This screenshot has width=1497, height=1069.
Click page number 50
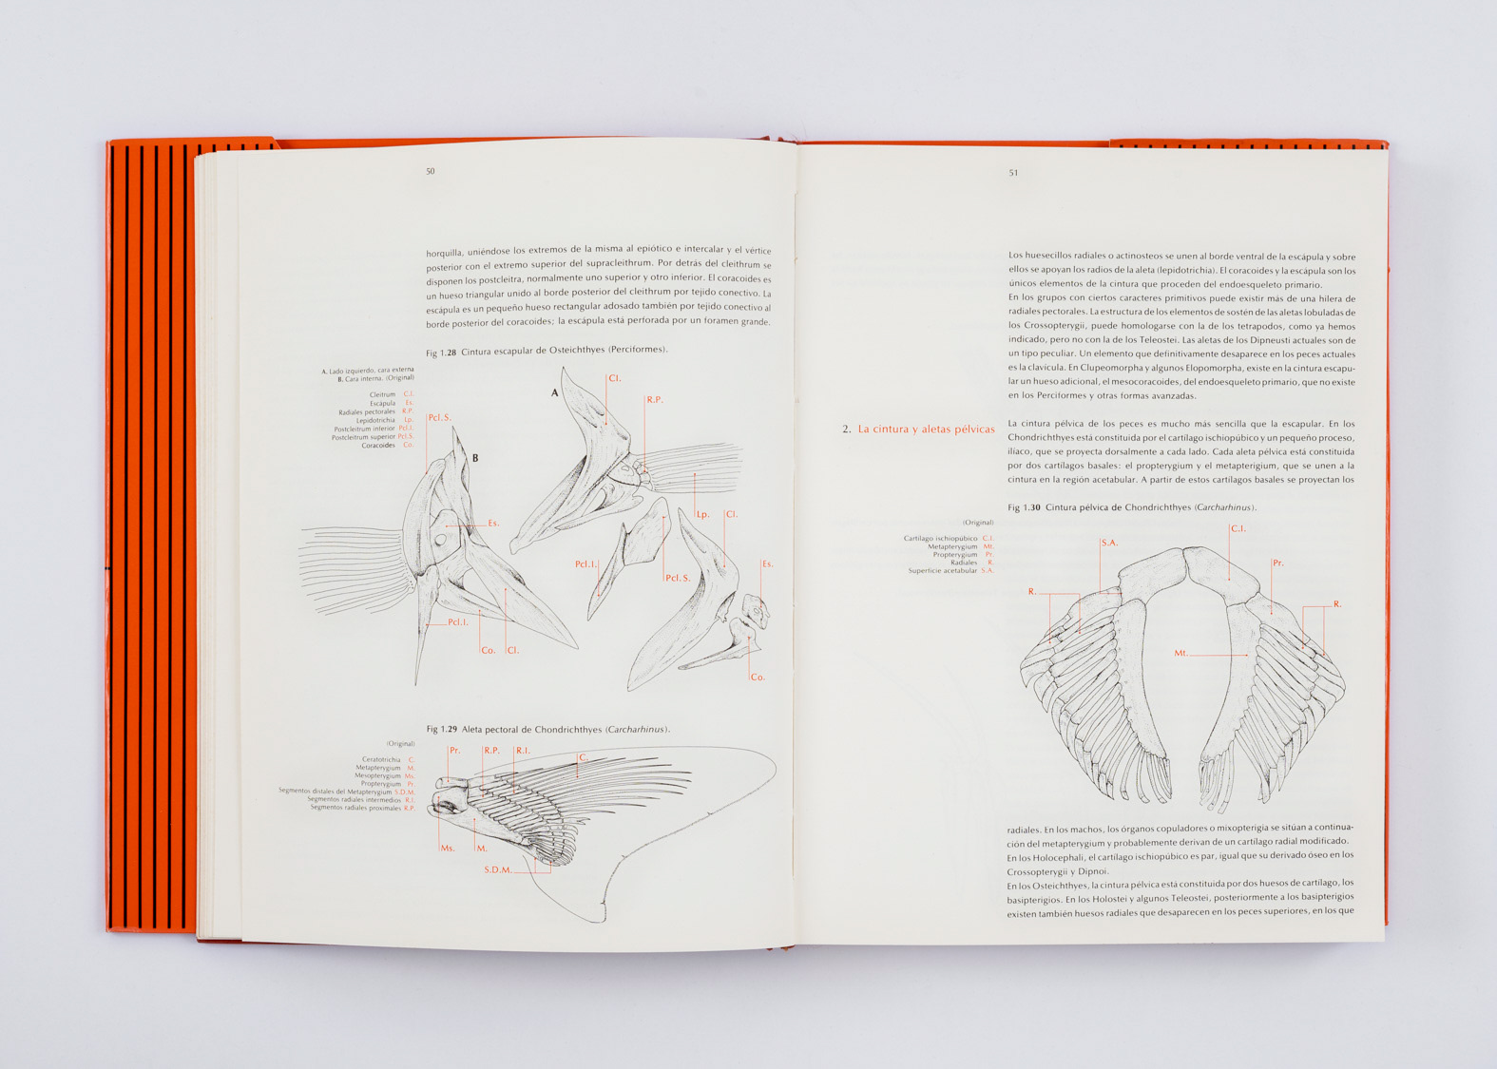(431, 172)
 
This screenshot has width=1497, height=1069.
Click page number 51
(1013, 173)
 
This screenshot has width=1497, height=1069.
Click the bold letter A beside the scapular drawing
(555, 392)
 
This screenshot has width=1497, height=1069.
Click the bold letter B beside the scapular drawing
(475, 458)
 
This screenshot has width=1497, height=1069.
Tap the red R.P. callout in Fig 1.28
(654, 400)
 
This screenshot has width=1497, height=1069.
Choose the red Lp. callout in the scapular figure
(703, 514)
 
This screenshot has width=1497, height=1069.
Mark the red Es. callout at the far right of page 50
(767, 564)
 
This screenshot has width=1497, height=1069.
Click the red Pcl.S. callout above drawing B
(439, 417)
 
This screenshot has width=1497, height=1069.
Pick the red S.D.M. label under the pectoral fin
(498, 869)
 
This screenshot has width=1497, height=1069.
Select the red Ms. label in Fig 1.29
(448, 848)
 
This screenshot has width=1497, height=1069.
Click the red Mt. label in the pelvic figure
(1181, 653)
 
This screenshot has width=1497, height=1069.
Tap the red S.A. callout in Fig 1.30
(1109, 543)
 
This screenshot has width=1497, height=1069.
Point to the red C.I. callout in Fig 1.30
(1238, 528)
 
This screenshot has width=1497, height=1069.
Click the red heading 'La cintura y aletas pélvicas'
(926, 430)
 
